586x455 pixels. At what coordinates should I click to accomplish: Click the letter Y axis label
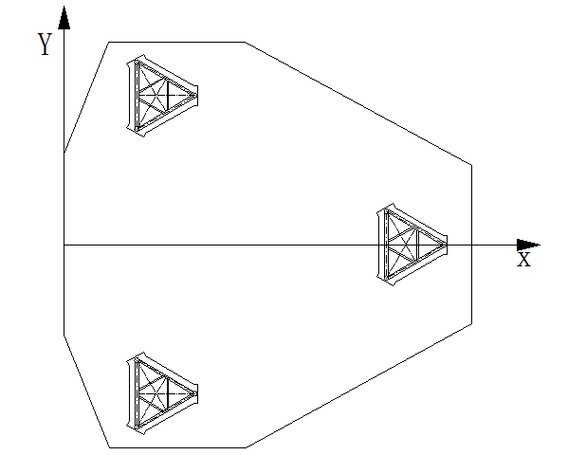coord(44,45)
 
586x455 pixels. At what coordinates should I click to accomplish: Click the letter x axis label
coord(523,258)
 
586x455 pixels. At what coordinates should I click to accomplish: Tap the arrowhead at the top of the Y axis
coord(64,17)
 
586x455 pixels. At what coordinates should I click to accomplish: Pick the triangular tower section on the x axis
coord(411,245)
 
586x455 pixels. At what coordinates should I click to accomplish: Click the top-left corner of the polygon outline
coord(109,42)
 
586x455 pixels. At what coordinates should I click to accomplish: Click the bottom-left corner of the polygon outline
coord(109,446)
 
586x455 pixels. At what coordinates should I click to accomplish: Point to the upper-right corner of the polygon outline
coord(471,166)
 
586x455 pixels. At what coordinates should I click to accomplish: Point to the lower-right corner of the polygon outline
coord(471,323)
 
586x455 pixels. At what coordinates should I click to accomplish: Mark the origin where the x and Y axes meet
coord(64,245)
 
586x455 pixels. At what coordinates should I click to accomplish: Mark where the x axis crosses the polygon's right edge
coord(471,245)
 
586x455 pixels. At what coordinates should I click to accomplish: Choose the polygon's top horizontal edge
coord(177,42)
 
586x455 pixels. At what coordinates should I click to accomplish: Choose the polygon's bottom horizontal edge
coord(177,446)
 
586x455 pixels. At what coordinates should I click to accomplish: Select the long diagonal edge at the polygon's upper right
coord(358,104)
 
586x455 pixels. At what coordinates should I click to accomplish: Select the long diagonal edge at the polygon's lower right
coord(358,385)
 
